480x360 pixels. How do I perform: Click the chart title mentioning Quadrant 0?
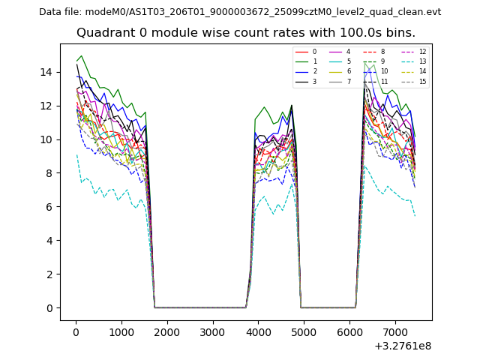pos(246,33)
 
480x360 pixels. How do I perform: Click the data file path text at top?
pos(240,12)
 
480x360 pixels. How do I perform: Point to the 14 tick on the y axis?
pos(49,72)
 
